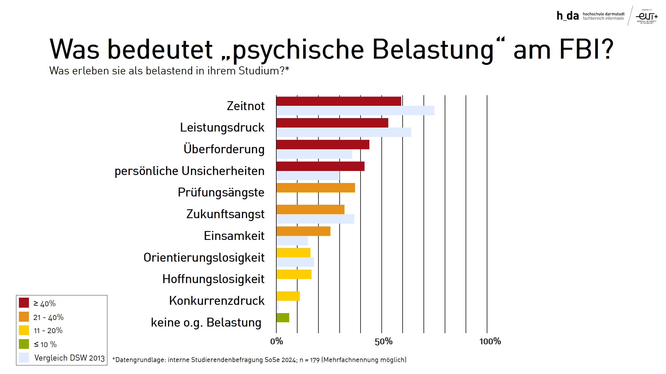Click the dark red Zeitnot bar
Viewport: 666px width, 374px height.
tap(338, 101)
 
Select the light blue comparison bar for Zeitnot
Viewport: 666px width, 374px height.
tap(355, 111)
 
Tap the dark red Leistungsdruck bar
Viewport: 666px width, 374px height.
tap(332, 123)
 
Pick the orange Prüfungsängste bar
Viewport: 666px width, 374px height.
tap(316, 188)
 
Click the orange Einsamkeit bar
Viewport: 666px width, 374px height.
tap(303, 231)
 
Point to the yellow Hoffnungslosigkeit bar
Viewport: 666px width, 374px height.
tap(294, 274)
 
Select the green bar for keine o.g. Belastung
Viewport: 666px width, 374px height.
tap(283, 318)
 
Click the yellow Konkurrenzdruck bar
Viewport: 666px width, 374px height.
tap(288, 296)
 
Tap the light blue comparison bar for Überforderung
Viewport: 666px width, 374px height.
tap(314, 154)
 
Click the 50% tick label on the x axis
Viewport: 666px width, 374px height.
tap(383, 341)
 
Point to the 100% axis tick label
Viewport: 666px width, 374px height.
tap(490, 341)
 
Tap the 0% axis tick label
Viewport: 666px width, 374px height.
tap(277, 341)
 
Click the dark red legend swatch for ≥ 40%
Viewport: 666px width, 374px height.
tap(24, 303)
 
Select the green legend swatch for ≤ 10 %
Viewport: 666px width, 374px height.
tap(24, 344)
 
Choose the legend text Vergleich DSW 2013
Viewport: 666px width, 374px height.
tap(69, 358)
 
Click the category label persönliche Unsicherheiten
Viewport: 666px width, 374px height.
tap(189, 171)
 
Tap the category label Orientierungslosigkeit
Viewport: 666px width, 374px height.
tap(204, 258)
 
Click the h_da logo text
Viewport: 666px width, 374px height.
tap(568, 16)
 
